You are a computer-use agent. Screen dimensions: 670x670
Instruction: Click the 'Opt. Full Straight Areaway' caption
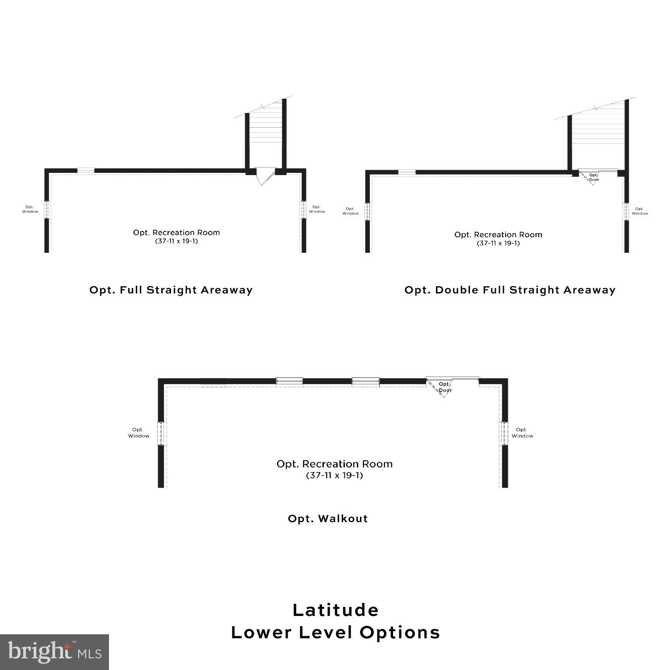(171, 290)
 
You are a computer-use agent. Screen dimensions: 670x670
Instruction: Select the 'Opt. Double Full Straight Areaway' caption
(510, 290)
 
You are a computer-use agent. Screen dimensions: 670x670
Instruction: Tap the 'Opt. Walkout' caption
(328, 519)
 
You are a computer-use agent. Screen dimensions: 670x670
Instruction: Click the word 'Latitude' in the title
(336, 610)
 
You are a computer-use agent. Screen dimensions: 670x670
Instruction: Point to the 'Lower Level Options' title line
(336, 632)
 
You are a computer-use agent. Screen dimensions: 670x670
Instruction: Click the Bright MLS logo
(54, 652)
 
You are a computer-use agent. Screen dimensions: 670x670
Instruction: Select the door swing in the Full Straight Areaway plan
(266, 176)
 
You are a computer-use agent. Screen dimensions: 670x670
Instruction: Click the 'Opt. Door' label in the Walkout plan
(445, 387)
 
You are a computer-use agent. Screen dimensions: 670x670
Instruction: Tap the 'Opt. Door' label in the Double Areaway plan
(594, 177)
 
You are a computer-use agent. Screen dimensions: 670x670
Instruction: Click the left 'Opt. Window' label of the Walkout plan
(138, 433)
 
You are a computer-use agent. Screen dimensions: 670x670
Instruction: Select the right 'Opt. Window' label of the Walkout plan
(522, 433)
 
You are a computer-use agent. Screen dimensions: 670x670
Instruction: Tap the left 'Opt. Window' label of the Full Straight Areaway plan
(30, 209)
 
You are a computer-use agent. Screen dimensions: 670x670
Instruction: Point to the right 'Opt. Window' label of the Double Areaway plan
(640, 211)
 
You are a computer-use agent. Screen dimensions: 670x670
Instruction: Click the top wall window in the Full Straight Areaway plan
(86, 170)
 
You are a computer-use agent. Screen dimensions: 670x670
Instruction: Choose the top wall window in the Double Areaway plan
(407, 172)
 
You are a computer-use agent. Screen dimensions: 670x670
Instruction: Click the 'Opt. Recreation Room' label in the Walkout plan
(335, 464)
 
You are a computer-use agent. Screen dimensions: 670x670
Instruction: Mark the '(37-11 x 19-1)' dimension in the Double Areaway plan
(498, 243)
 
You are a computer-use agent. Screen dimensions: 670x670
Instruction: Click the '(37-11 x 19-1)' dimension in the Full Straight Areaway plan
(176, 241)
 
